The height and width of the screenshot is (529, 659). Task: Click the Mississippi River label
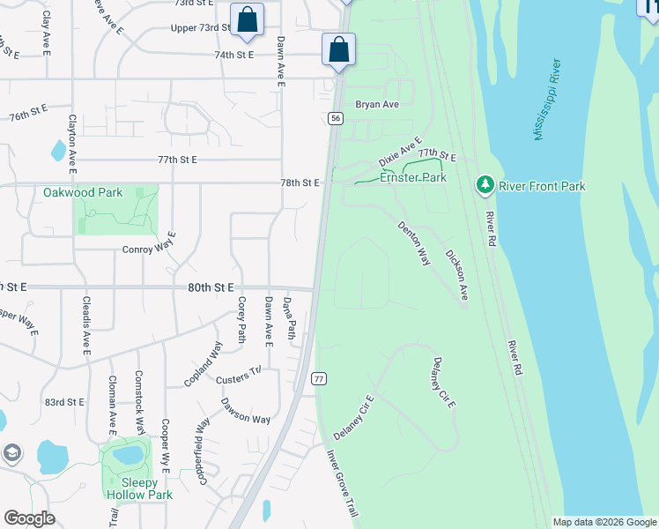pos(547,100)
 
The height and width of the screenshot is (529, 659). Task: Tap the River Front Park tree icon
pos(484,185)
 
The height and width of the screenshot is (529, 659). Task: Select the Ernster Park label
pos(412,177)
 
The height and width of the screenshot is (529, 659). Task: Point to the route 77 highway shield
pos(319,378)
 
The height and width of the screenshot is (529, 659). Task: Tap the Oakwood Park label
pos(83,191)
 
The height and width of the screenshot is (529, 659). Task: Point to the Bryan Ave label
pos(377,104)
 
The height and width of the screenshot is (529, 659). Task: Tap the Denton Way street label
pos(413,243)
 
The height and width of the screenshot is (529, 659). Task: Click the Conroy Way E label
pos(149,249)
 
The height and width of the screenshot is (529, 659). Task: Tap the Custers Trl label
pos(239,376)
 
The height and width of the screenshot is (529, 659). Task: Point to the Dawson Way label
pos(245,413)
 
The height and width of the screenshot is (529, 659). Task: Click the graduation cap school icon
pos(12,453)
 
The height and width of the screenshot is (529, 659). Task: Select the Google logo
pos(30,518)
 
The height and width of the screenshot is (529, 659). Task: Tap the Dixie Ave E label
pos(401,152)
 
